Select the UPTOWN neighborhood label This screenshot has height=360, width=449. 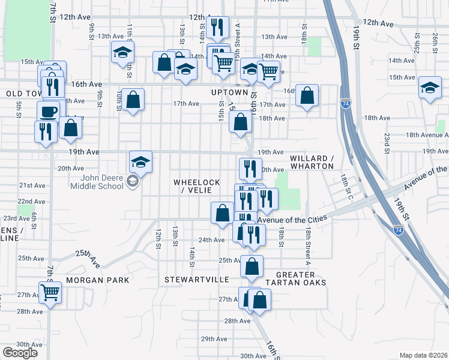(x=230, y=92)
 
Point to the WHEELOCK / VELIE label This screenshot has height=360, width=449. (x=197, y=186)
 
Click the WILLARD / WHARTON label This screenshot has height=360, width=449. (x=312, y=162)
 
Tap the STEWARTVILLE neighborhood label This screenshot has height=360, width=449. (x=197, y=280)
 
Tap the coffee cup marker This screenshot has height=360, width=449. (x=49, y=112)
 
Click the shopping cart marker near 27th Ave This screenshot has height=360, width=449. (x=50, y=293)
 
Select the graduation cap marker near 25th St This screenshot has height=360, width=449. (x=430, y=88)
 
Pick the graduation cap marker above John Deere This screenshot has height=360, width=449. (x=140, y=161)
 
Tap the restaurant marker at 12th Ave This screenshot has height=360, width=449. (x=216, y=27)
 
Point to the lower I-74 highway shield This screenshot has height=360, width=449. (x=399, y=229)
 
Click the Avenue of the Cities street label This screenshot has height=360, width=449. (x=294, y=220)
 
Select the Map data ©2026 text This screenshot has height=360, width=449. (x=423, y=355)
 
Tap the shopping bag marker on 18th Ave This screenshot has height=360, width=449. (x=241, y=122)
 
